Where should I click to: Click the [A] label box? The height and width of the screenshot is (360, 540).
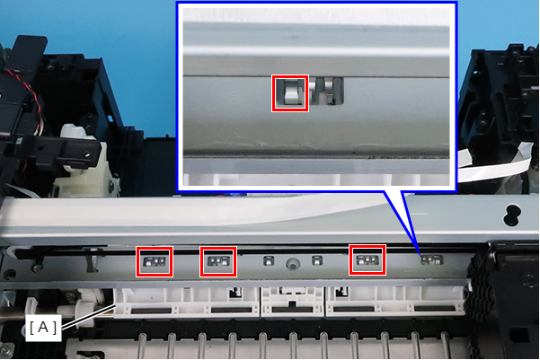point(43,328)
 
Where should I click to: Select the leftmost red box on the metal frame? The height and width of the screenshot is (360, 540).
point(155,261)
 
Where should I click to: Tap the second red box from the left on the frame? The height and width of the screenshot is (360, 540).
point(218,261)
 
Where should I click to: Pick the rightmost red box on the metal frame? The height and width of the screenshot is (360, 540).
point(367,260)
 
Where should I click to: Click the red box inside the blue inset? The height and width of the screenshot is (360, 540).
point(290,93)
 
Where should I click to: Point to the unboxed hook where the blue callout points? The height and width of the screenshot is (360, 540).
point(432,259)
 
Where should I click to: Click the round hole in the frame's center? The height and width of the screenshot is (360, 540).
point(293,264)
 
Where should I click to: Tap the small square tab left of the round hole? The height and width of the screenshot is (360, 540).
point(269,260)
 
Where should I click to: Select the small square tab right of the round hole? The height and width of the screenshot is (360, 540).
point(317,260)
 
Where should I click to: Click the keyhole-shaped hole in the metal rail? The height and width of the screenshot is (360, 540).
point(512,215)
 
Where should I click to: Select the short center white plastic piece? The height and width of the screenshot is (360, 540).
point(293,302)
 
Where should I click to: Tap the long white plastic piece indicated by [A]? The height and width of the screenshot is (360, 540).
point(186,303)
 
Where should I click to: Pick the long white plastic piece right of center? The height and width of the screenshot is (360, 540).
point(395,301)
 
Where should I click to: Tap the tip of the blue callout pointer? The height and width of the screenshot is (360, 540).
point(420,257)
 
